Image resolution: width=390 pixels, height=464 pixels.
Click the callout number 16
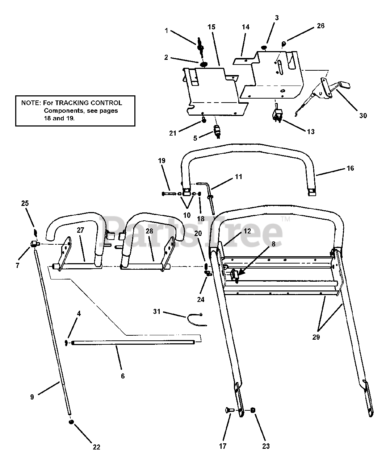click(350, 168)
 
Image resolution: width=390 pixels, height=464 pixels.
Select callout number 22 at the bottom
click(96, 447)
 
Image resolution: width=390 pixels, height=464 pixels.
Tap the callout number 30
click(363, 115)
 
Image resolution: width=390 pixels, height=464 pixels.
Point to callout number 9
click(32, 397)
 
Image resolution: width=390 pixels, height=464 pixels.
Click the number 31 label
click(156, 311)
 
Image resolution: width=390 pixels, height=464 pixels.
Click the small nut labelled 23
click(253, 410)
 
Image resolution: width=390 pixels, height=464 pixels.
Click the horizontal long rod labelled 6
click(134, 342)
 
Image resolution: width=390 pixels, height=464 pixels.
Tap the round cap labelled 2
click(204, 64)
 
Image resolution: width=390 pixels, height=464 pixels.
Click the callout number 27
click(80, 241)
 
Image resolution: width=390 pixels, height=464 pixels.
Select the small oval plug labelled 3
click(265, 47)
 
